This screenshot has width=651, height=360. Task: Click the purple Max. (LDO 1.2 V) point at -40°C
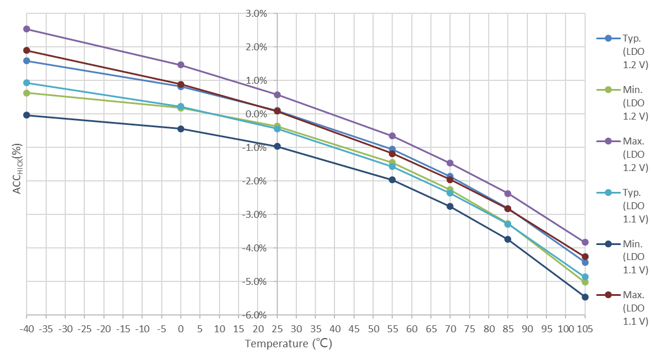point(27,29)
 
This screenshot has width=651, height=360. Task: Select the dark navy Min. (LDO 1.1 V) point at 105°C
point(585,297)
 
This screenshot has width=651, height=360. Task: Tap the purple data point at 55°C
point(392,136)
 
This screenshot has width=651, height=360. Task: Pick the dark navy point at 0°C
point(181,129)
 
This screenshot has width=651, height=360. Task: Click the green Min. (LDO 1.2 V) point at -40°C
point(27,93)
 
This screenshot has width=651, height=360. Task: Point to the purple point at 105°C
point(585,242)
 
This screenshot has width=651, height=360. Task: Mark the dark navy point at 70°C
point(450,206)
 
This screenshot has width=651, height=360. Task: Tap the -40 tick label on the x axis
point(27,329)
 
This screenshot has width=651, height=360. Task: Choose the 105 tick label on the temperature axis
point(585,329)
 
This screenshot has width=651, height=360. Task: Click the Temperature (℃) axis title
point(288,344)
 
